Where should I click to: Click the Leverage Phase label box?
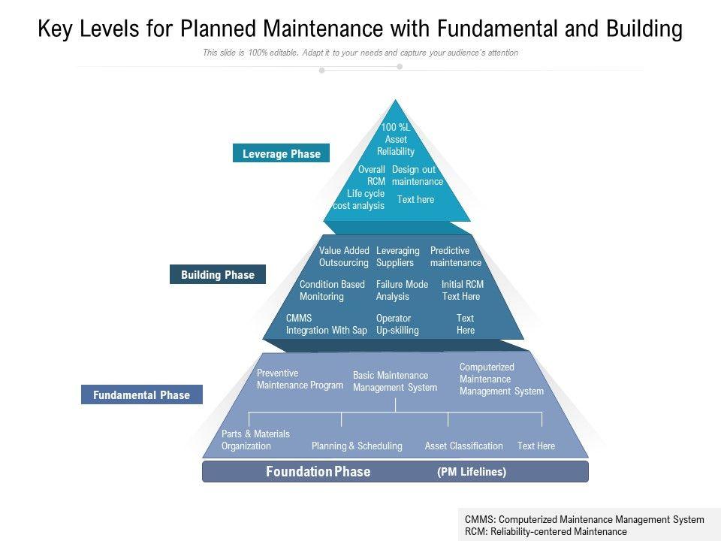coord(281,154)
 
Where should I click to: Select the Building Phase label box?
coord(217,275)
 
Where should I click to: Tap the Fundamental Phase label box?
coord(141,395)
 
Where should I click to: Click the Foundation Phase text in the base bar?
coord(318,472)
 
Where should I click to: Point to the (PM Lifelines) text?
coord(472,472)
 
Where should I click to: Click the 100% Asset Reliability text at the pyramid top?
coord(396,139)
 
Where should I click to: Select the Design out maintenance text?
coord(417,176)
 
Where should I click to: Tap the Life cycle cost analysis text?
coord(360,200)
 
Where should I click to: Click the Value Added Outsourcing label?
coord(344,257)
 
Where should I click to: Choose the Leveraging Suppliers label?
coord(397,257)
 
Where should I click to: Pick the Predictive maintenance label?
coord(455,257)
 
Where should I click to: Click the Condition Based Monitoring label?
coord(331,290)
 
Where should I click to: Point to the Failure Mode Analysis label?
coord(402,290)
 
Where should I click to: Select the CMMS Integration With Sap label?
coord(326,324)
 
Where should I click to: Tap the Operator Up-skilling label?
coord(397,324)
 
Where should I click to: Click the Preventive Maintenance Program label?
coord(300,379)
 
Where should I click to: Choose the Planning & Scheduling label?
coord(357,446)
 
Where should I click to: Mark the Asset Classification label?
coord(463,446)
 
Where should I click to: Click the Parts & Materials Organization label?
coord(255,440)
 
